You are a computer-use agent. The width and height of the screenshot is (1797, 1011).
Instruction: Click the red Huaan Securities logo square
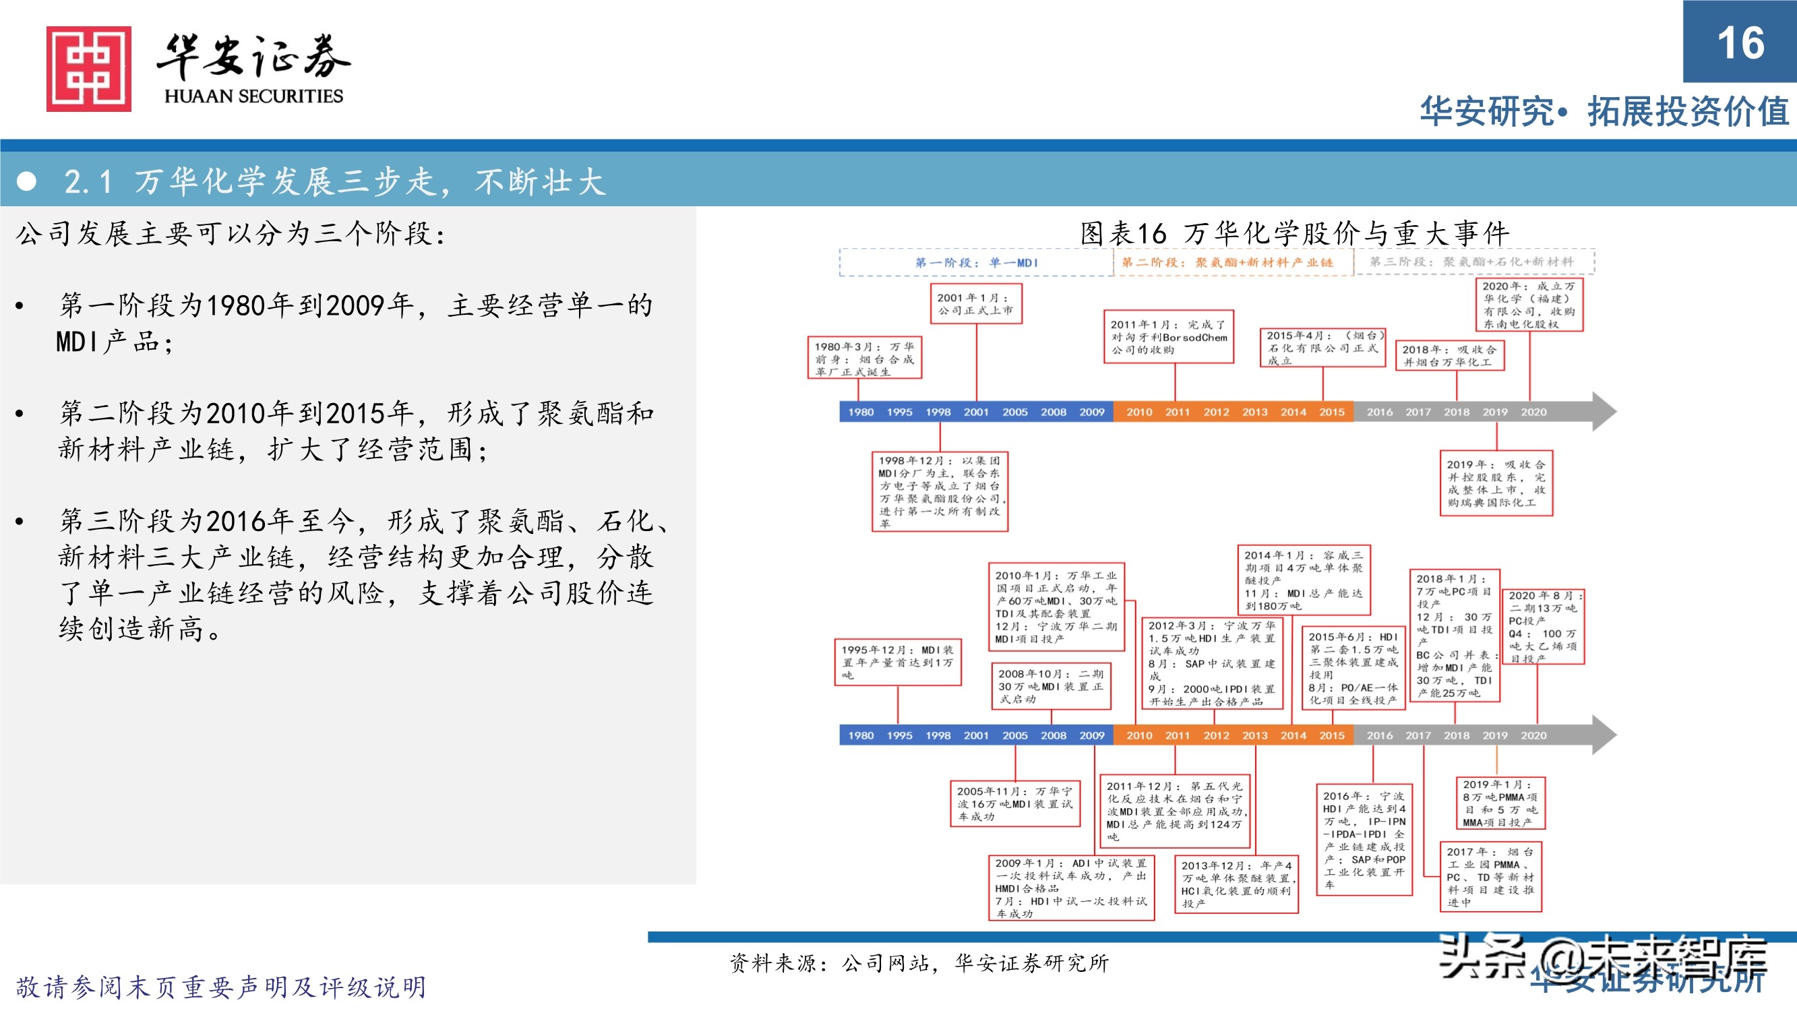[88, 68]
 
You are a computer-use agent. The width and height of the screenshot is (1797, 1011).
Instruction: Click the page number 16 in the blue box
[1740, 42]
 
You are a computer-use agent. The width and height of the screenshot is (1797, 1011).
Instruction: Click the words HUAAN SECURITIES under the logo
[254, 96]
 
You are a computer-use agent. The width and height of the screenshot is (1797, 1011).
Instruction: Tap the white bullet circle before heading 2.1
[26, 181]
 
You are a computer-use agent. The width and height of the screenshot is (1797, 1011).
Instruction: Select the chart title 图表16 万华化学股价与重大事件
[1294, 233]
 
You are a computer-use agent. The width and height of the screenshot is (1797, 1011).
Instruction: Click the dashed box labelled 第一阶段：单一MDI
[976, 263]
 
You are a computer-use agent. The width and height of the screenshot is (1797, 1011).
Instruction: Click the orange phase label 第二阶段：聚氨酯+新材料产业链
[1227, 262]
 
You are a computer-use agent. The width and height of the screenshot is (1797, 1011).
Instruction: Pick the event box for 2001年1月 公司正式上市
[976, 303]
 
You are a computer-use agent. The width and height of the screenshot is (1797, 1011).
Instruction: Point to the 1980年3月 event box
[864, 359]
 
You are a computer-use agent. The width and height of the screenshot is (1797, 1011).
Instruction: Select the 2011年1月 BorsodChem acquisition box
[1169, 337]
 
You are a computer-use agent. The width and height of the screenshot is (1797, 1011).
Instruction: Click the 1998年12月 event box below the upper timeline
[940, 491]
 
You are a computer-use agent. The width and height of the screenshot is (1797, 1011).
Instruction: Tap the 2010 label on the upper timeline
[1139, 412]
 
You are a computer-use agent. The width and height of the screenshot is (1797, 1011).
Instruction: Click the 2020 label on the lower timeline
[1533, 735]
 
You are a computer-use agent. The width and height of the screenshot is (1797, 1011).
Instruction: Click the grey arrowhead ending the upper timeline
[1604, 412]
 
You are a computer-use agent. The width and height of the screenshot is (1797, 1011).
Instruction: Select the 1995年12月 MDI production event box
[897, 662]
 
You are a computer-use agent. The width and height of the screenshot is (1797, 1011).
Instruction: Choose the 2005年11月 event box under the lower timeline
[1015, 804]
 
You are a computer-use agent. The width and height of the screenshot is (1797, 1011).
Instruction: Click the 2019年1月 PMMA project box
[1500, 803]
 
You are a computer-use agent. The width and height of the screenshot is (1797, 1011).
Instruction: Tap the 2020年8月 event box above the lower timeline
[1542, 627]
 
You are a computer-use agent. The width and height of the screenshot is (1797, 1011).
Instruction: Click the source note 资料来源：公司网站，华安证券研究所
[919, 964]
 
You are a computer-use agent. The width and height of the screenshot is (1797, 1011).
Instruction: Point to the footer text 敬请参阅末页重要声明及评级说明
[221, 987]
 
